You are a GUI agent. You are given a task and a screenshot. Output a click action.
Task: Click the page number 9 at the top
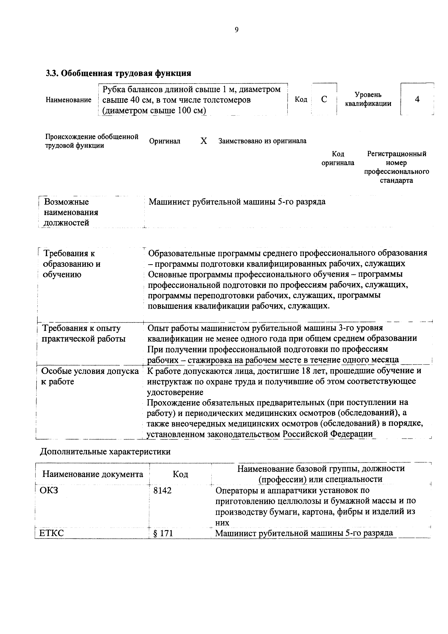237,30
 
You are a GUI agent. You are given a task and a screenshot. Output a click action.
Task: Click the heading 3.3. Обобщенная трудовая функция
118,73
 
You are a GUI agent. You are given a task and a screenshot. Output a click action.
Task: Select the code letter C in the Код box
324,99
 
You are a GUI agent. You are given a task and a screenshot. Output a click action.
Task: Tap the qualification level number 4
417,99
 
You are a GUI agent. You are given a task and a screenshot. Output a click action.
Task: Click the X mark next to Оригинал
203,141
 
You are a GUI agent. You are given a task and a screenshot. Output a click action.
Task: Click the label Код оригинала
338,158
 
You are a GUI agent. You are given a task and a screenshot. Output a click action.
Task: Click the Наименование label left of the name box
68,100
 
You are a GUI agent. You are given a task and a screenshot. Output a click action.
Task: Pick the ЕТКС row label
52,533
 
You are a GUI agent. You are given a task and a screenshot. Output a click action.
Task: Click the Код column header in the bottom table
180,474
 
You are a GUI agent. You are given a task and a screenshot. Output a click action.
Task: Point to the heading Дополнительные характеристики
105,451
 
